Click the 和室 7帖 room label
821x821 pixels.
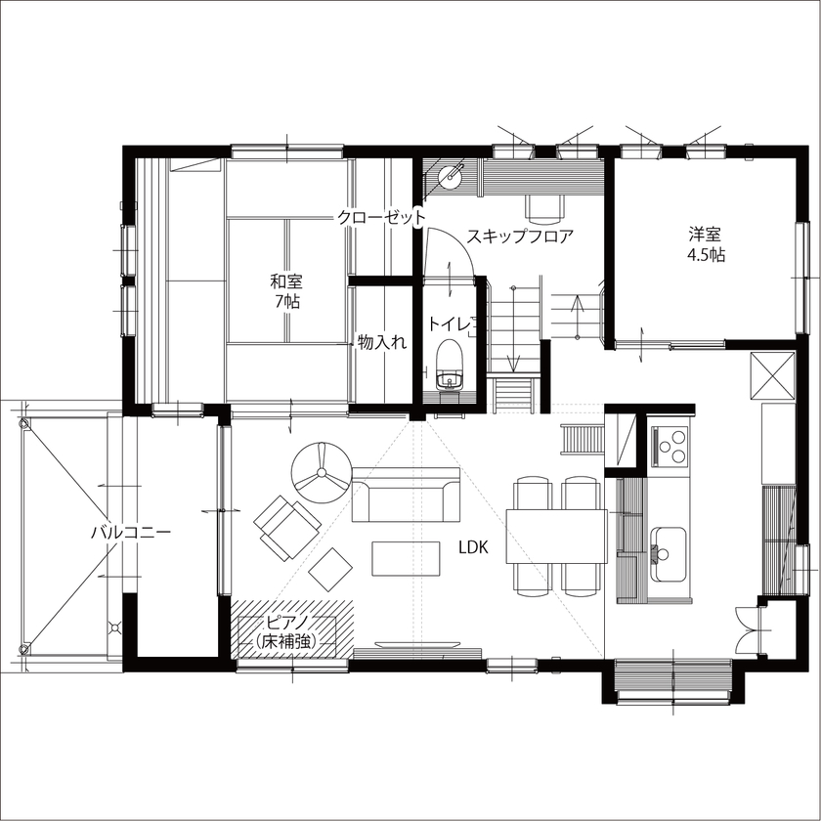pyautogui.click(x=286, y=291)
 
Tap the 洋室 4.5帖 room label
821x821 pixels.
pyautogui.click(x=705, y=244)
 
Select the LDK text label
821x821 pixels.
pyautogui.click(x=474, y=548)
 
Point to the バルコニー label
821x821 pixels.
pyautogui.click(x=131, y=533)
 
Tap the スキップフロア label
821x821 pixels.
pyautogui.click(x=519, y=236)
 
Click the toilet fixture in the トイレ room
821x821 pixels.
pyautogui.click(x=450, y=364)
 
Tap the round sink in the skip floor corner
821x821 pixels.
pyautogui.click(x=451, y=177)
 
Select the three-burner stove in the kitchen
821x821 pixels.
pyautogui.click(x=670, y=448)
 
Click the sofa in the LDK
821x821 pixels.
pyautogui.click(x=406, y=497)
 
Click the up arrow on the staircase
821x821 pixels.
pyautogui.click(x=577, y=313)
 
